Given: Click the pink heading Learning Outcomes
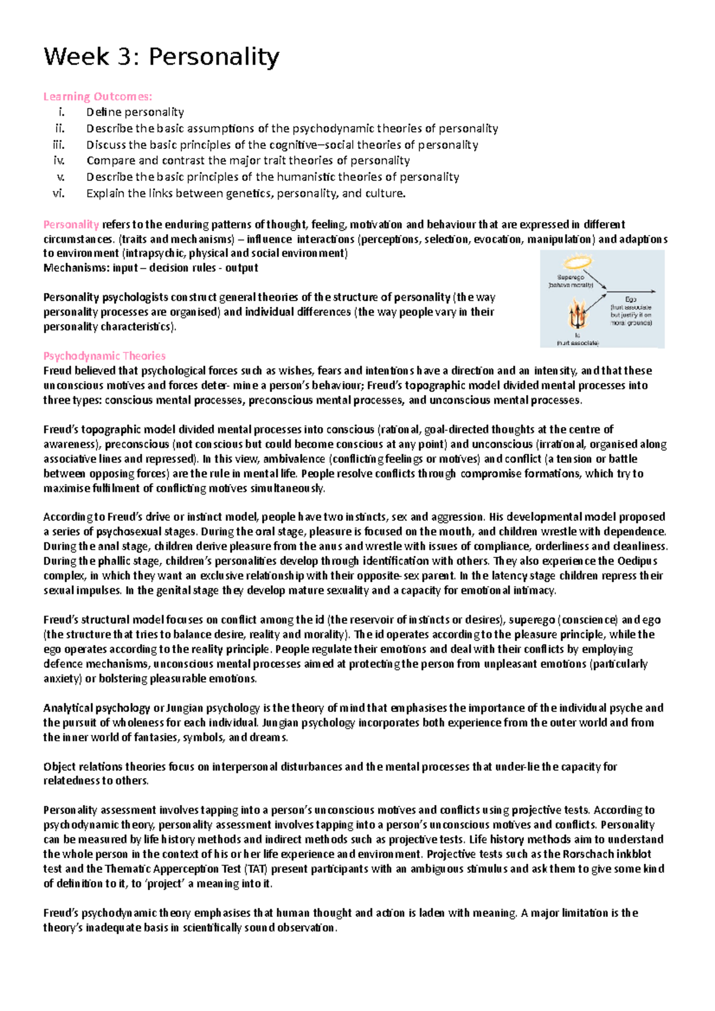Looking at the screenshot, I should click(98, 96).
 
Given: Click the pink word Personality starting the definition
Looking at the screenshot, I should click(71, 224).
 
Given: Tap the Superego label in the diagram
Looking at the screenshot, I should click(570, 277).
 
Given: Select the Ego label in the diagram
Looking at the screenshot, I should click(630, 299).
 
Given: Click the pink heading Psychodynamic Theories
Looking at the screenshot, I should click(104, 356).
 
